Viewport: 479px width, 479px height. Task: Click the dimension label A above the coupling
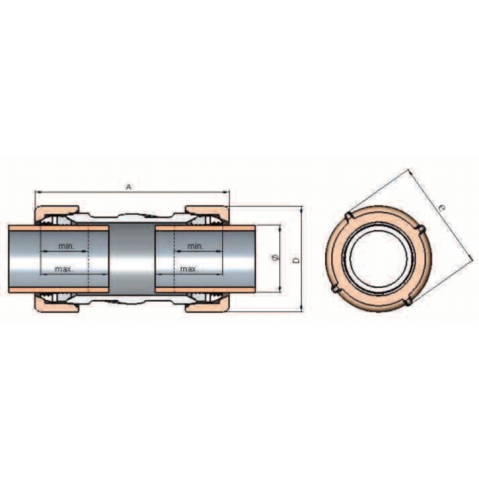pyautogui.click(x=129, y=187)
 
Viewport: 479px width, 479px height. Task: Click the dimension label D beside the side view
pyautogui.click(x=296, y=260)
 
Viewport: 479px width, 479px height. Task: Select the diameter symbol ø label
pyautogui.click(x=275, y=258)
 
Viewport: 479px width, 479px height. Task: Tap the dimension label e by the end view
pyautogui.click(x=441, y=208)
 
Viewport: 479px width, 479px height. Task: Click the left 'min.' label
pyautogui.click(x=66, y=246)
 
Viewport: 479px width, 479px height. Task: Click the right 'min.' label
pyautogui.click(x=195, y=246)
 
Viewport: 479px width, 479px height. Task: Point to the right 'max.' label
pyautogui.click(x=189, y=269)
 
